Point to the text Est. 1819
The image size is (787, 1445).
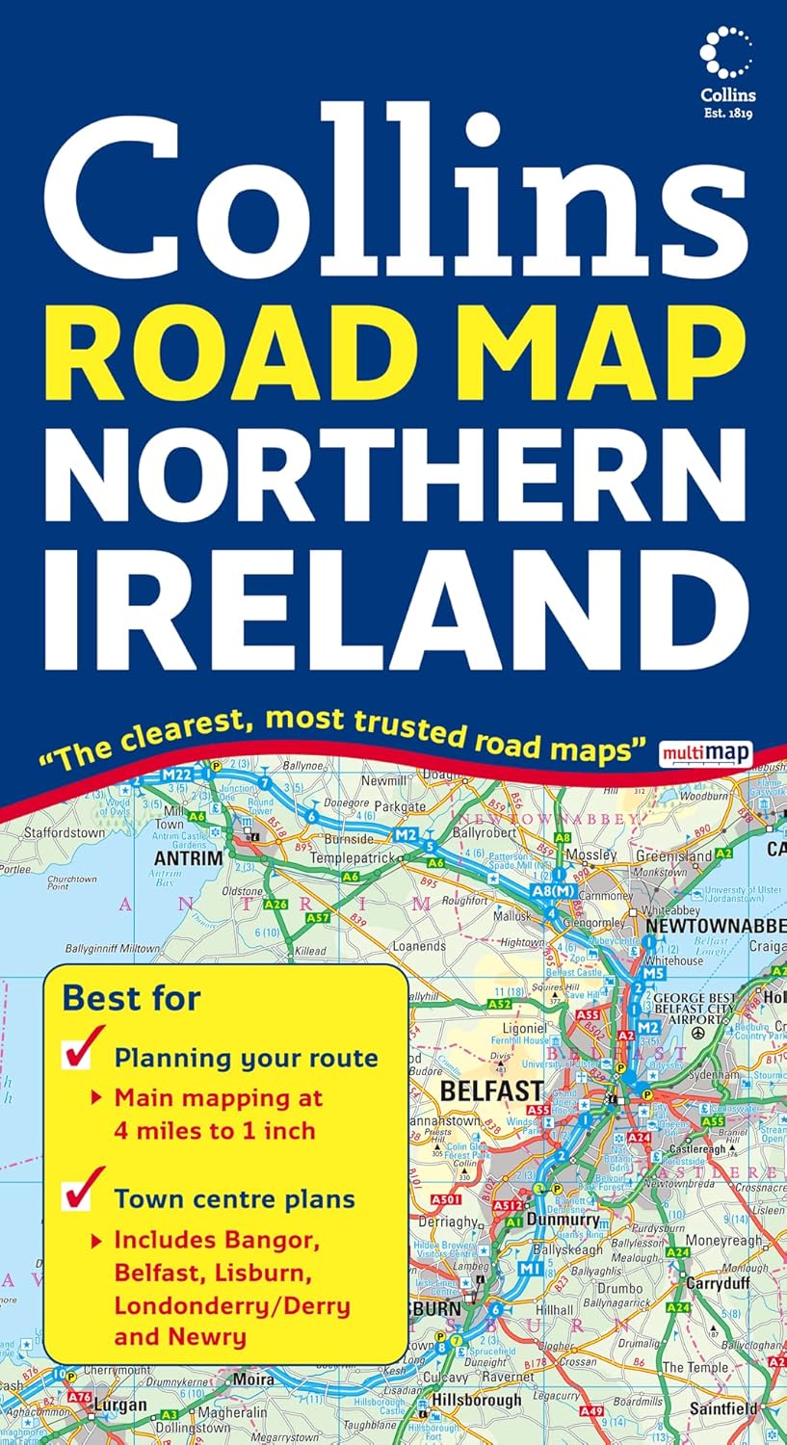728,113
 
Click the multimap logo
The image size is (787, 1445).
706,752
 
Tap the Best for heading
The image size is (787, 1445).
132,998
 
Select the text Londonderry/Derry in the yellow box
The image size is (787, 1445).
232,1306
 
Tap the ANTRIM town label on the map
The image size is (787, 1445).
189,857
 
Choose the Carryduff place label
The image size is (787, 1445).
718,1283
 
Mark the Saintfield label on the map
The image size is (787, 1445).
731,1408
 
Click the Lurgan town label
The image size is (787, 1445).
119,1406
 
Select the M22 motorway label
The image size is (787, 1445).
176,775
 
